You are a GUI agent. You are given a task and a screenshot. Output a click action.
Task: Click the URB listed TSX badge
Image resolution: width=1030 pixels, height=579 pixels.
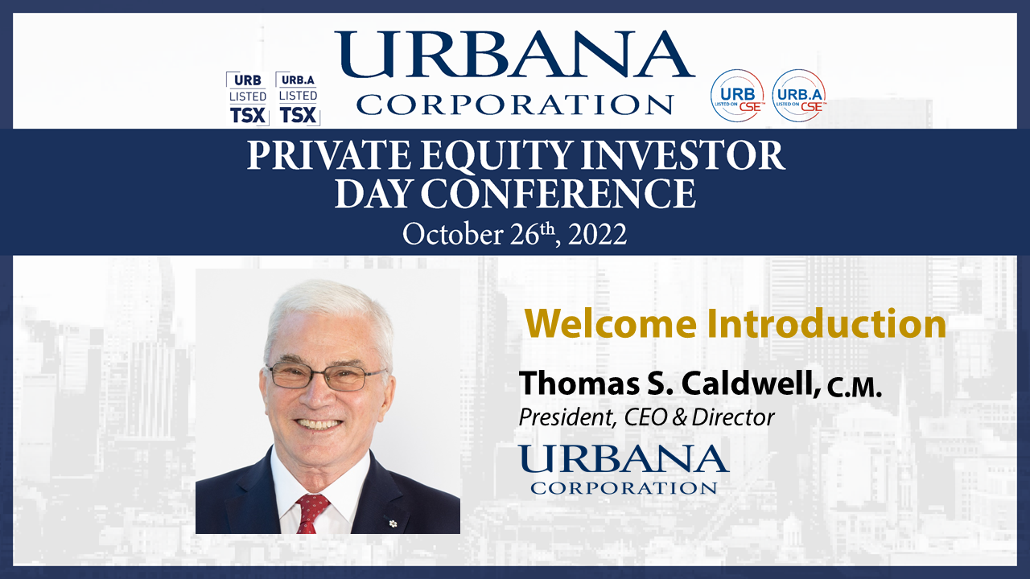point(247,99)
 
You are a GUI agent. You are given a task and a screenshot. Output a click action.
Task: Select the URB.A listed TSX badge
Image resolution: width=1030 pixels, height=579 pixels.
point(298,99)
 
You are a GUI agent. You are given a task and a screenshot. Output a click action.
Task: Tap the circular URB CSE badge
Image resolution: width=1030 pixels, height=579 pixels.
point(737,96)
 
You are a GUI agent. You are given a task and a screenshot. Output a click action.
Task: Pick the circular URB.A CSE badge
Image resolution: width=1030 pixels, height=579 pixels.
point(799,96)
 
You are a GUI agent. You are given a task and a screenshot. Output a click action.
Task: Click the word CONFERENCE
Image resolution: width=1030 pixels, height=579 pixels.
point(558,194)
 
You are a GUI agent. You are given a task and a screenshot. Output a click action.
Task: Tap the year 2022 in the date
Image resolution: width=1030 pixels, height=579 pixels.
point(597,234)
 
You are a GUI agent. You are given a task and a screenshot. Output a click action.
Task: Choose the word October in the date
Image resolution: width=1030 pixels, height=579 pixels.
point(453,234)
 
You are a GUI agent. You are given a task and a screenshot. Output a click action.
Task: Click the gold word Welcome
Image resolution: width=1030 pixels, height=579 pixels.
point(611,324)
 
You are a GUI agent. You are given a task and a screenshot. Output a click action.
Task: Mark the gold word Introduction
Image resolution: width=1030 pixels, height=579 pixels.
point(826,324)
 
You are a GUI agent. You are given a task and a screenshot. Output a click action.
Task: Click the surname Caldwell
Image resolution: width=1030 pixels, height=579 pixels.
point(751,383)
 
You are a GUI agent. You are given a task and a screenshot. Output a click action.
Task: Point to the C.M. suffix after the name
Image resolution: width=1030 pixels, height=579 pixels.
point(855,388)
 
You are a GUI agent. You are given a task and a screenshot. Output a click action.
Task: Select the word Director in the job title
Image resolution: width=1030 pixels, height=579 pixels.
point(732,417)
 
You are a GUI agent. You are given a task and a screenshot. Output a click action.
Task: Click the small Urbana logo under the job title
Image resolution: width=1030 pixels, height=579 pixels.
point(624,469)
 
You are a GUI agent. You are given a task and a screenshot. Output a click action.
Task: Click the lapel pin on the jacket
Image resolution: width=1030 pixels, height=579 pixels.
point(393,523)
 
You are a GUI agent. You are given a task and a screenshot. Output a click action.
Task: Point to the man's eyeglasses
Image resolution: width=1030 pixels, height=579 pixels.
point(327,376)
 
